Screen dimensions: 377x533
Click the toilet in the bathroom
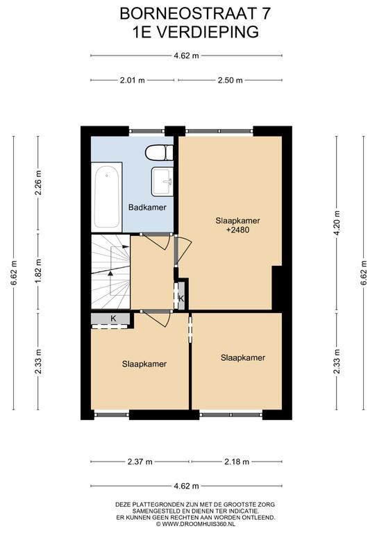(159, 153)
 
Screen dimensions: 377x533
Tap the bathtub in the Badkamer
(107, 197)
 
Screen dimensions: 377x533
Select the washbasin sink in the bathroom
(162, 181)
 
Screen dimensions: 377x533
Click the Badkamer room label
(147, 207)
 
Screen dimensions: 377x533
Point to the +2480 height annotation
(237, 230)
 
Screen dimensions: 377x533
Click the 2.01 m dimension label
(131, 81)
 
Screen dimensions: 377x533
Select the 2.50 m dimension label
(230, 81)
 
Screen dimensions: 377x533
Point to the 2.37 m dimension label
(140, 462)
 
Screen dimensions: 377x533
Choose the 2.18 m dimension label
(236, 462)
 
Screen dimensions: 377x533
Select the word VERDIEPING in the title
(208, 32)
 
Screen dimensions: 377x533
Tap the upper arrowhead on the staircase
(126, 246)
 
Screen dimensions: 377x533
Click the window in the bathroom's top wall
(147, 131)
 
